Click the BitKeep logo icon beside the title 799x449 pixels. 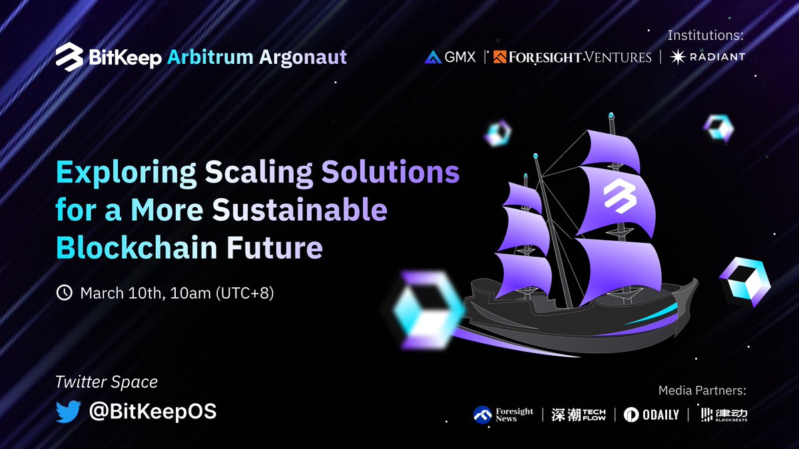[69, 57]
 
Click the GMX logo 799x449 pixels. [450, 57]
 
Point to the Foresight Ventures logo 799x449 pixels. [573, 57]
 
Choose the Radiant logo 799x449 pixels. [707, 57]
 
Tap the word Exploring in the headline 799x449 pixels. [127, 173]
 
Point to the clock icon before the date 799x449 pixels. [65, 293]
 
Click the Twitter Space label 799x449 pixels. [107, 382]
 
